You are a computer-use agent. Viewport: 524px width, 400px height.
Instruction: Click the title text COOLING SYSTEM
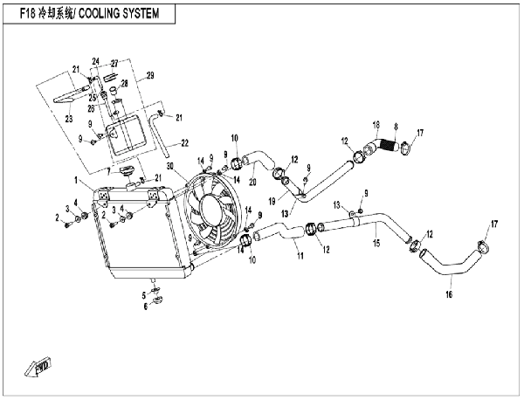(118, 14)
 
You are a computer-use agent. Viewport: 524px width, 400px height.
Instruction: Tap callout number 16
(449, 294)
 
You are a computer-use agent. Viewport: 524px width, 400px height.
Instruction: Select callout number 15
(376, 243)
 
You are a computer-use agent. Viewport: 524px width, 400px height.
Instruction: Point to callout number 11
(300, 256)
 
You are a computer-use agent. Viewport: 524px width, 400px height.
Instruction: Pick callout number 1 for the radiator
(76, 181)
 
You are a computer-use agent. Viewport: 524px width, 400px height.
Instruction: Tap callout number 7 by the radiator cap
(108, 172)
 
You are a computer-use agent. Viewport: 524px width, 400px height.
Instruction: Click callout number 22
(184, 143)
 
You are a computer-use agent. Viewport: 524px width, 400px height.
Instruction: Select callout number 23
(68, 119)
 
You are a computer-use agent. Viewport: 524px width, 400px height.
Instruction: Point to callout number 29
(150, 75)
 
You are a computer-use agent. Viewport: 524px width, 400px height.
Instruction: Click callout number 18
(376, 125)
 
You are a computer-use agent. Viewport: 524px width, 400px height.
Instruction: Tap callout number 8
(396, 127)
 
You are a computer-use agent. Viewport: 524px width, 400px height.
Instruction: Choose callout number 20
(252, 182)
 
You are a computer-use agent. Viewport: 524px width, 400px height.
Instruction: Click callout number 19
(272, 202)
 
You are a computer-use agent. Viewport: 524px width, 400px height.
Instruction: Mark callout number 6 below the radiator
(146, 307)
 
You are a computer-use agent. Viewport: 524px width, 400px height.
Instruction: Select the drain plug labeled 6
(157, 300)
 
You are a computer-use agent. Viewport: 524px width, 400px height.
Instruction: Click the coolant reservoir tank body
(127, 135)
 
